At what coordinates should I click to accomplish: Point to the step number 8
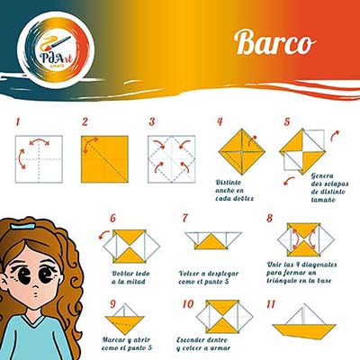[x=269, y=219]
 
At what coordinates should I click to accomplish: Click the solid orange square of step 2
[x=104, y=158]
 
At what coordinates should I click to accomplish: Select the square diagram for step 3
[x=170, y=158]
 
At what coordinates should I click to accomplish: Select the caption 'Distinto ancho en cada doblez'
[x=235, y=190]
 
